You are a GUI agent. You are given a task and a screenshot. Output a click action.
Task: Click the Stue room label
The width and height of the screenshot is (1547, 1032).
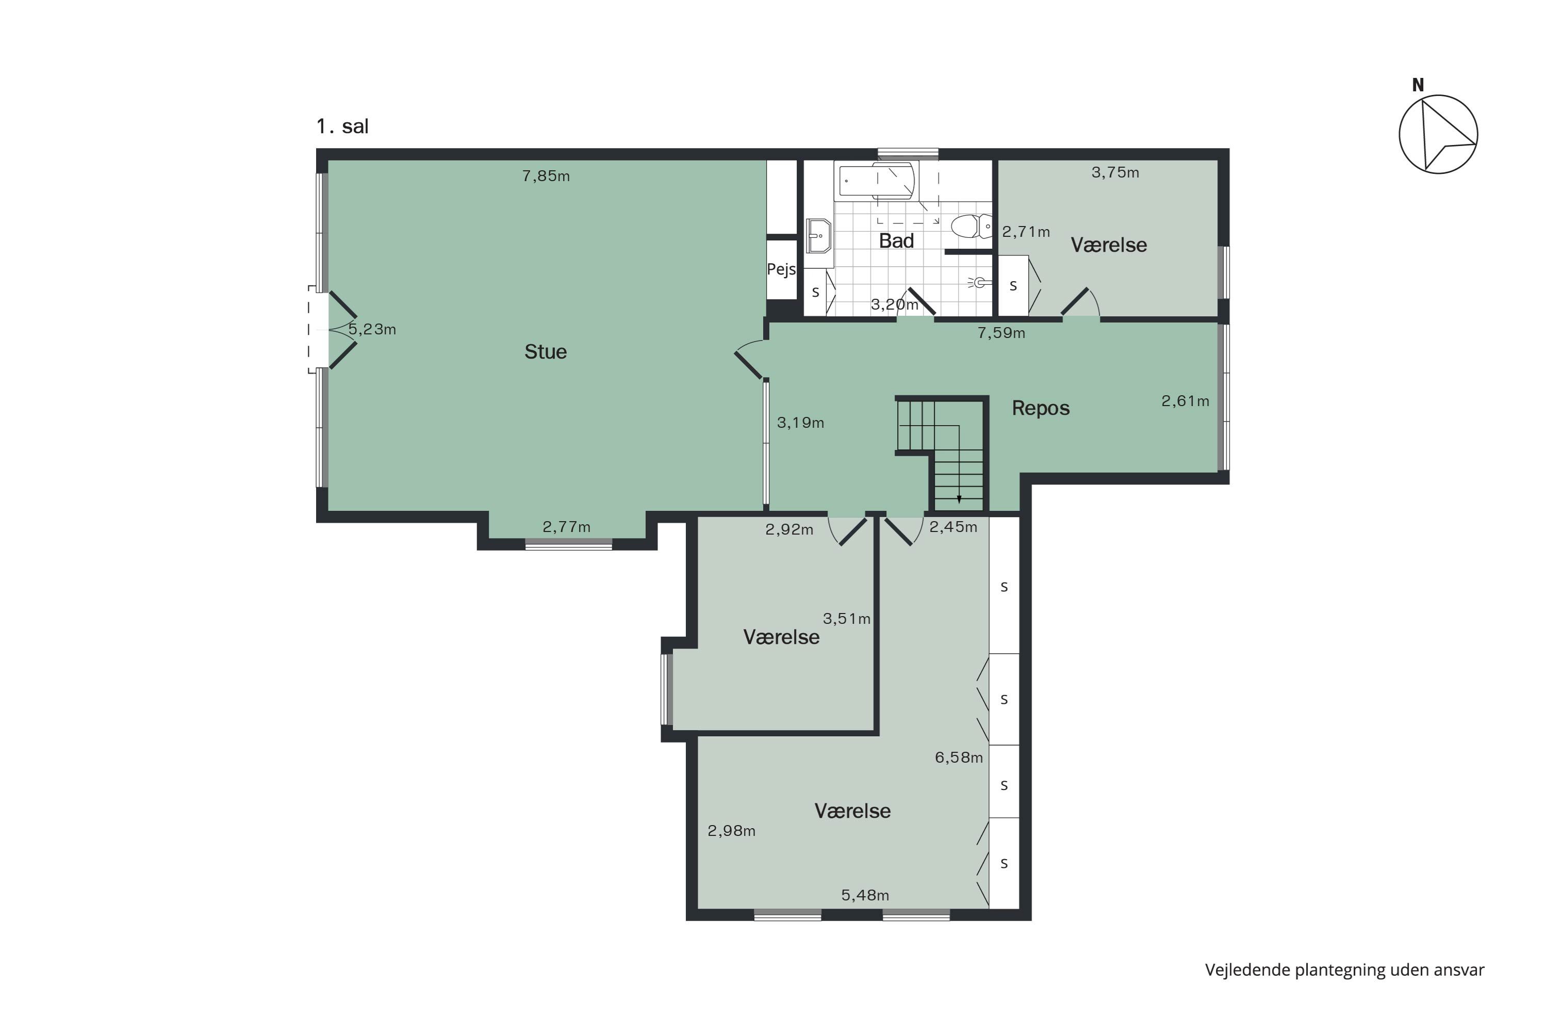pos(545,351)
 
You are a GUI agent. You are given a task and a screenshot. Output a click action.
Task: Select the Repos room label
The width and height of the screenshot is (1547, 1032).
pos(1041,408)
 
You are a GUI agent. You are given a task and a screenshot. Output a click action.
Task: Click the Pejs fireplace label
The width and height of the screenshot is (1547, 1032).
pos(781,269)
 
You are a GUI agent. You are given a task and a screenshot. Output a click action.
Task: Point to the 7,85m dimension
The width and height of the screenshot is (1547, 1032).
pos(546,176)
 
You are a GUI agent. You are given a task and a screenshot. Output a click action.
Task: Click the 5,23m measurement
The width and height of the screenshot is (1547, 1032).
pos(372,329)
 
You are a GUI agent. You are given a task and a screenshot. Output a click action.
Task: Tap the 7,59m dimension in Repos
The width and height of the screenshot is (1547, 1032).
pos(1001,333)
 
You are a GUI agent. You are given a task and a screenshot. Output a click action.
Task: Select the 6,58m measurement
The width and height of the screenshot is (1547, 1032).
pos(959,757)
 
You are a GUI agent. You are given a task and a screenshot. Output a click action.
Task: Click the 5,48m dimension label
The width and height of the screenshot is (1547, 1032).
pos(865,895)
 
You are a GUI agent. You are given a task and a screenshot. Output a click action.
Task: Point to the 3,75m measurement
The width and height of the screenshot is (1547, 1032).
pos(1115,172)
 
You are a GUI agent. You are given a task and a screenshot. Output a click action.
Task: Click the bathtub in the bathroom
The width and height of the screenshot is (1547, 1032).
pos(876,181)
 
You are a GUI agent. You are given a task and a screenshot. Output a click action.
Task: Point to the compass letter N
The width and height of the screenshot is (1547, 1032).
pos(1418,85)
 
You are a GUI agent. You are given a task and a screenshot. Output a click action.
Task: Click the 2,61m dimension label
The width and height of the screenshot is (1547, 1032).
pos(1185,401)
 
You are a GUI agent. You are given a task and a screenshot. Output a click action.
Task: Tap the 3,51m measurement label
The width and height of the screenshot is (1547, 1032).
pos(847,619)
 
